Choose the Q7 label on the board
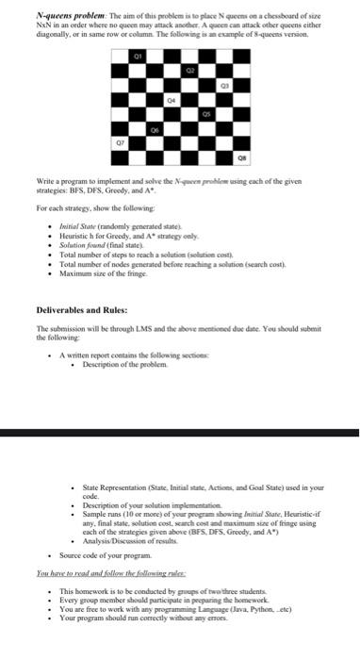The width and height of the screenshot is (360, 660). pos(121,147)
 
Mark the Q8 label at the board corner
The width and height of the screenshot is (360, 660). pos(239,160)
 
